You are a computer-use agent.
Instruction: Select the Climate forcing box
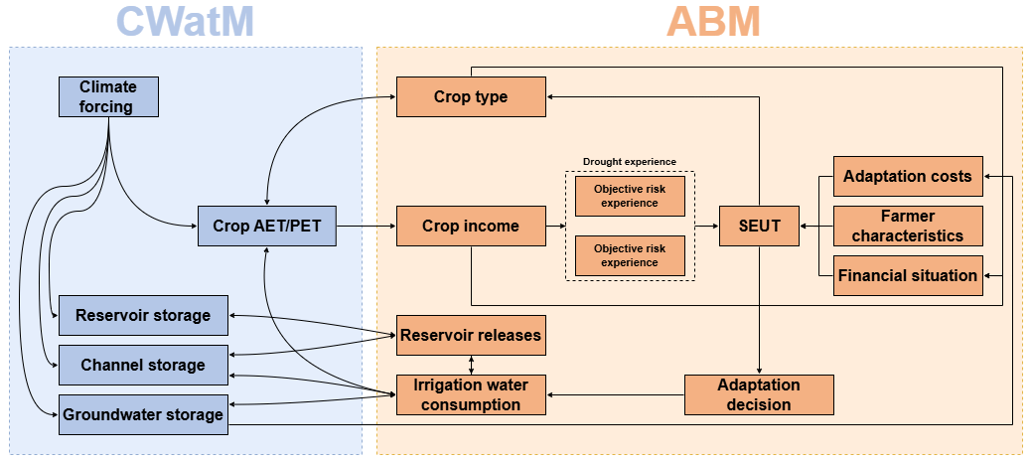coord(108,97)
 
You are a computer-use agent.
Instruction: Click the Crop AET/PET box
coord(267,227)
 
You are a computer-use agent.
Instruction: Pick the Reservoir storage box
coord(143,315)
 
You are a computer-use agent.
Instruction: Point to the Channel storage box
coord(143,365)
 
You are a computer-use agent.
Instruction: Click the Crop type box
coord(471,96)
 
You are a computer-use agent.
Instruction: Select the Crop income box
coord(471,227)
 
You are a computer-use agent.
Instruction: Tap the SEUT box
coord(759,227)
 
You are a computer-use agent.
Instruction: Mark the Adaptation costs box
coord(908,177)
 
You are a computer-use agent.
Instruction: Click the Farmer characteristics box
coord(908,227)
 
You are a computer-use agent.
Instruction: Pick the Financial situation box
coord(908,275)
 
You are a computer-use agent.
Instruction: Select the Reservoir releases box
coord(471,335)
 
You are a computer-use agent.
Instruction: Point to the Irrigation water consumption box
coord(471,394)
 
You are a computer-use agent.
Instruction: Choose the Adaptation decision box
coord(759,394)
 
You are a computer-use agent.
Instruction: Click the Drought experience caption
coord(630,162)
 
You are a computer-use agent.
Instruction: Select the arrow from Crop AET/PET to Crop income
coord(366,227)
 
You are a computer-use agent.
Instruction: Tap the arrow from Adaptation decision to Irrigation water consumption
coord(616,394)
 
